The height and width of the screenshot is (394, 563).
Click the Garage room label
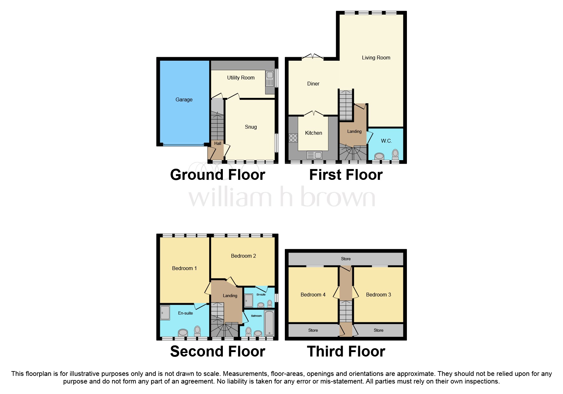[184, 100]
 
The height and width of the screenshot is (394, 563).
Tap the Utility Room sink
[270, 79]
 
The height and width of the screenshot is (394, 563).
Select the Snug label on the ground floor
[251, 127]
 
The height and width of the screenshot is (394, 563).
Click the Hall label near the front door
[217, 144]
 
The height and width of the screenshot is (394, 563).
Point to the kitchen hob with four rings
[293, 138]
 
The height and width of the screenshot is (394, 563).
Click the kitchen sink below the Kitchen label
[314, 155]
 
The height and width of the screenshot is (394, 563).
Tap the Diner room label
[313, 84]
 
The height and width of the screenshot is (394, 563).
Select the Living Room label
[376, 58]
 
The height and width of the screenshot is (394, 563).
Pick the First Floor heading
[346, 175]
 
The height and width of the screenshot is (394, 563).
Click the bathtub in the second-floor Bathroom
[269, 323]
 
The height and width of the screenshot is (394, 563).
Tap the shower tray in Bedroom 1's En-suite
[165, 312]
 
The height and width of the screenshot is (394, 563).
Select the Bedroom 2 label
[243, 256]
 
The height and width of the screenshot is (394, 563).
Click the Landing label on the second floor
[230, 296]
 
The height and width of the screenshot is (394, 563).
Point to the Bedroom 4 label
[313, 295]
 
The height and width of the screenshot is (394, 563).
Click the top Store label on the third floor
[346, 259]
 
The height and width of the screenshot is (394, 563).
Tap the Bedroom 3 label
[378, 295]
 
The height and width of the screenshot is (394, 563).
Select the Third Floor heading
[346, 352]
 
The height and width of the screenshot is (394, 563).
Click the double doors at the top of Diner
[312, 57]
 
